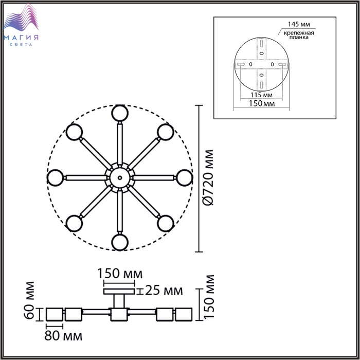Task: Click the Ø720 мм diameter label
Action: (x=209, y=177)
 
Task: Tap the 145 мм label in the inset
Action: (x=299, y=24)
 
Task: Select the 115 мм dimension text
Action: (x=261, y=95)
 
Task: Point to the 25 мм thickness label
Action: (x=164, y=291)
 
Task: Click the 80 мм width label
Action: (x=63, y=336)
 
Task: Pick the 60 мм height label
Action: (x=29, y=300)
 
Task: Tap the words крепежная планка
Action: (x=299, y=35)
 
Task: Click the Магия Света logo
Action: (x=21, y=25)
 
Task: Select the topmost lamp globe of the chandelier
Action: (x=120, y=113)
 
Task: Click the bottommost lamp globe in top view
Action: (x=120, y=242)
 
